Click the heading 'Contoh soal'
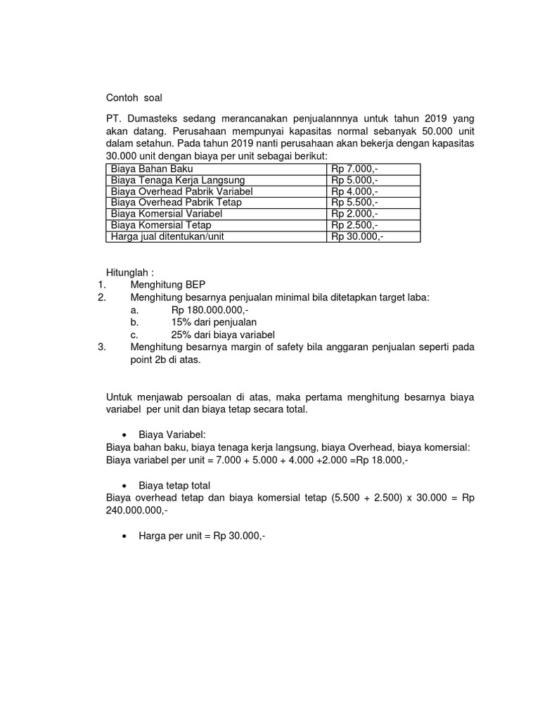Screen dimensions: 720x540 coord(134,98)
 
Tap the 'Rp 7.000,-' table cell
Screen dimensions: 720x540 coord(355,169)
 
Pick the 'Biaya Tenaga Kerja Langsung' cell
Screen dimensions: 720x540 coord(178,181)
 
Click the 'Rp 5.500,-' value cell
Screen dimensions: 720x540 coord(355,202)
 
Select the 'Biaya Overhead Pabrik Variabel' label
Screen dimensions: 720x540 coord(181,191)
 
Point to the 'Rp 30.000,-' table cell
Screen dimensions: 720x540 coord(358,236)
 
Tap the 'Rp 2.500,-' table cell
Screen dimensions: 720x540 coord(355,225)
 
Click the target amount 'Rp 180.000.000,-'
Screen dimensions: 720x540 coord(210,309)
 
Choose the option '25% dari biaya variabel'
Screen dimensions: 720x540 coord(222,334)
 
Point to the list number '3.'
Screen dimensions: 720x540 coord(101,347)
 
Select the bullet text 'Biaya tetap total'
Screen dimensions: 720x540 coord(175,486)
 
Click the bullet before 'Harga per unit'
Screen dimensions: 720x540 coord(124,536)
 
